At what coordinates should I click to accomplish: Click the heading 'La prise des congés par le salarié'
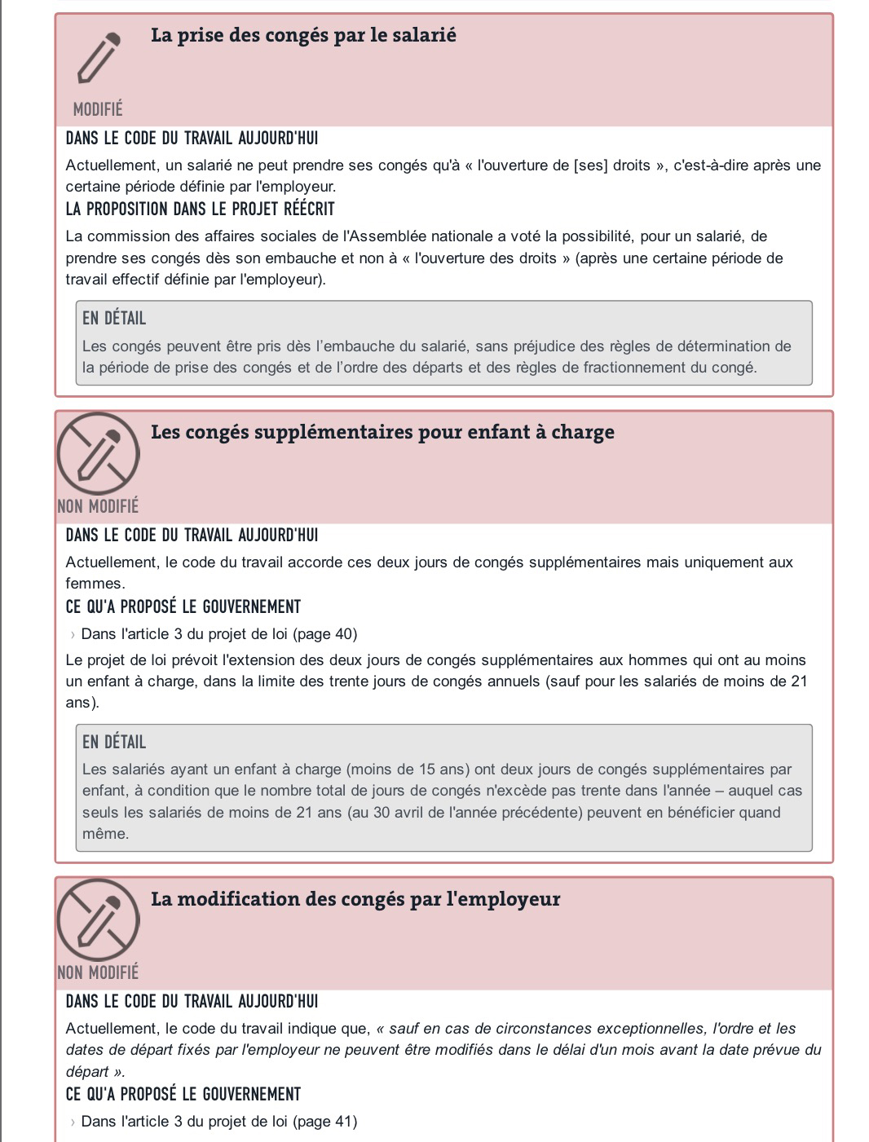tap(303, 35)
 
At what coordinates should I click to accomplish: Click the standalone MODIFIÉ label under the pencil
tap(98, 109)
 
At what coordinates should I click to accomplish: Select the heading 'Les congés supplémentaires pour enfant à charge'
tap(382, 432)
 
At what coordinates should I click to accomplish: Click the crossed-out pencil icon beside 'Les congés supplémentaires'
tap(98, 452)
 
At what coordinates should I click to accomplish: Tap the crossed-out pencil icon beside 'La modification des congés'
tap(98, 919)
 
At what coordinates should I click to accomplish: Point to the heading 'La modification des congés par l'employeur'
tap(355, 899)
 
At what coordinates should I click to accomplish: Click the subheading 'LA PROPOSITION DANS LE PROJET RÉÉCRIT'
tap(200, 209)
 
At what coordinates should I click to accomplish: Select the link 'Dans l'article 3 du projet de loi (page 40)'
tap(218, 634)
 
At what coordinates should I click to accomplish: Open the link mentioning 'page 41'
tap(218, 1122)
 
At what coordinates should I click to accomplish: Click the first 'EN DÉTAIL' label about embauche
tap(114, 319)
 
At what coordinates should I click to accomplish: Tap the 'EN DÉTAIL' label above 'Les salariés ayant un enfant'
tap(114, 743)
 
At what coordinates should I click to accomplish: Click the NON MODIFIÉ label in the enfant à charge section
tap(98, 506)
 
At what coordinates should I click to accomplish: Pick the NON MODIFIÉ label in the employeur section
tap(98, 972)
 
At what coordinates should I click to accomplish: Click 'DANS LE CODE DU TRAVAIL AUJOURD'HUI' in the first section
tap(192, 139)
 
